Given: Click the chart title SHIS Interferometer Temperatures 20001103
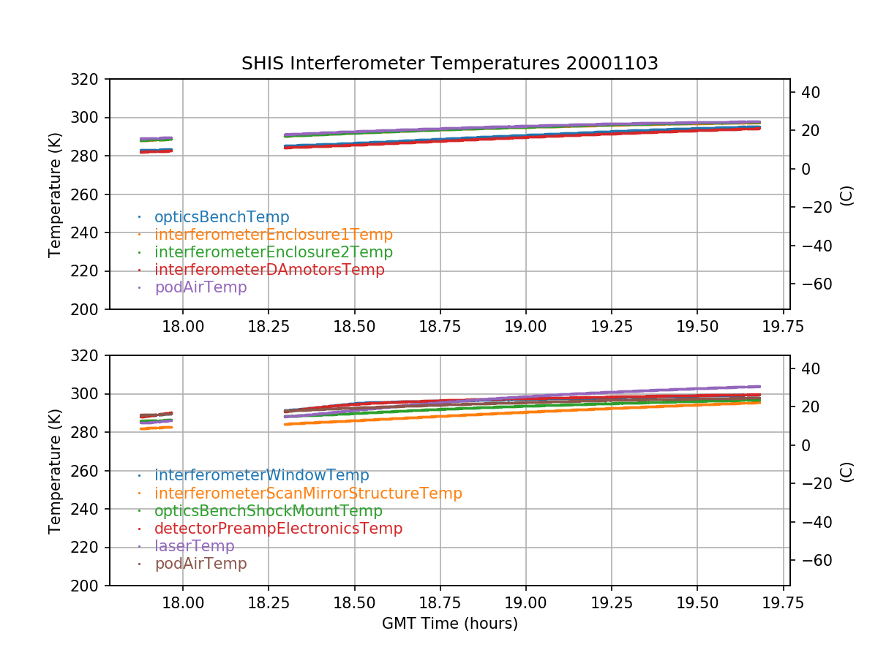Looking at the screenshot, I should point(449,64).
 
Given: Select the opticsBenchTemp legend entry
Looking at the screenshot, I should point(222,217).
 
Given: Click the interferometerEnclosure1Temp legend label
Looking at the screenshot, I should point(274,235).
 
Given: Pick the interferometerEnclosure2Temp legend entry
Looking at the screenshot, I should point(274,252).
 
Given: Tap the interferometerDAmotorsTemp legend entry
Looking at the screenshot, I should point(269,270).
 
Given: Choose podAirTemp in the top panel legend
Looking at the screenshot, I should point(200,287).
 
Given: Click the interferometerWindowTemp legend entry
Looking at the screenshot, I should point(261,476).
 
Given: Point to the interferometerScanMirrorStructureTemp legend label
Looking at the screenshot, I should point(308,494).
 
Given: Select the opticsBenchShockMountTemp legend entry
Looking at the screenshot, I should point(269,511).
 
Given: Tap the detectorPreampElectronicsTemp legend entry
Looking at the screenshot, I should point(278,529).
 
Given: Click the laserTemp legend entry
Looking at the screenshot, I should point(194,546).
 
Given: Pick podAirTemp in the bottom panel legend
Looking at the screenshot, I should point(200,564).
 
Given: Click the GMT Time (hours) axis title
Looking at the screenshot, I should point(449,624).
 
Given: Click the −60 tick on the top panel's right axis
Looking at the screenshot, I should point(809,284).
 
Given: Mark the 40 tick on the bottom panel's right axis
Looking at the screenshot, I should point(805,368).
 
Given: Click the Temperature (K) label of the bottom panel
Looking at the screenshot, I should point(55,471).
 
